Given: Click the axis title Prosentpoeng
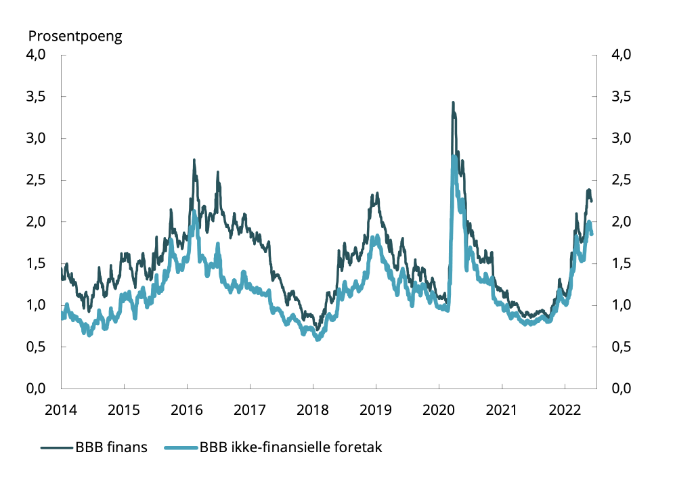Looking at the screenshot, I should pyautogui.click(x=74, y=35).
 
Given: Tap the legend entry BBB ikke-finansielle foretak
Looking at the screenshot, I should pyautogui.click(x=292, y=447).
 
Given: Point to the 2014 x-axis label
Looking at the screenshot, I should pyautogui.click(x=61, y=409).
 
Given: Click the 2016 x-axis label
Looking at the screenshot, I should pyautogui.click(x=187, y=409).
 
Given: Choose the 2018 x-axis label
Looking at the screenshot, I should pyautogui.click(x=313, y=409).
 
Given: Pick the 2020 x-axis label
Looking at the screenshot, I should pyautogui.click(x=439, y=409).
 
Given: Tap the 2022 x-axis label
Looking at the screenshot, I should pyautogui.click(x=565, y=409).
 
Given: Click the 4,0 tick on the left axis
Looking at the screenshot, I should pyautogui.click(x=36, y=55).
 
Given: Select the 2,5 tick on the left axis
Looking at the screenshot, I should pyautogui.click(x=36, y=180).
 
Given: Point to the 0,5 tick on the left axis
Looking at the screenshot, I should pyautogui.click(x=36, y=347).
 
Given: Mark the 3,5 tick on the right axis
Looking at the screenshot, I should pyautogui.click(x=621, y=97).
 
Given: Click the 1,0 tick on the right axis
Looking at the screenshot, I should pyautogui.click(x=621, y=305).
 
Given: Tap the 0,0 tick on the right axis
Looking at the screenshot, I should pyautogui.click(x=621, y=389).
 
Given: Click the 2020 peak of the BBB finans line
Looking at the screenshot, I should pyautogui.click(x=453, y=102).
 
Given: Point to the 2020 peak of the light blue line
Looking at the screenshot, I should pyautogui.click(x=454, y=157).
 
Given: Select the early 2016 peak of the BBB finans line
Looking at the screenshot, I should pyautogui.click(x=194, y=160).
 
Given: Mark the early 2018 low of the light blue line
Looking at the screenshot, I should pyautogui.click(x=318, y=339).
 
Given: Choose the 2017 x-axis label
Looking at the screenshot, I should pyautogui.click(x=250, y=409).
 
